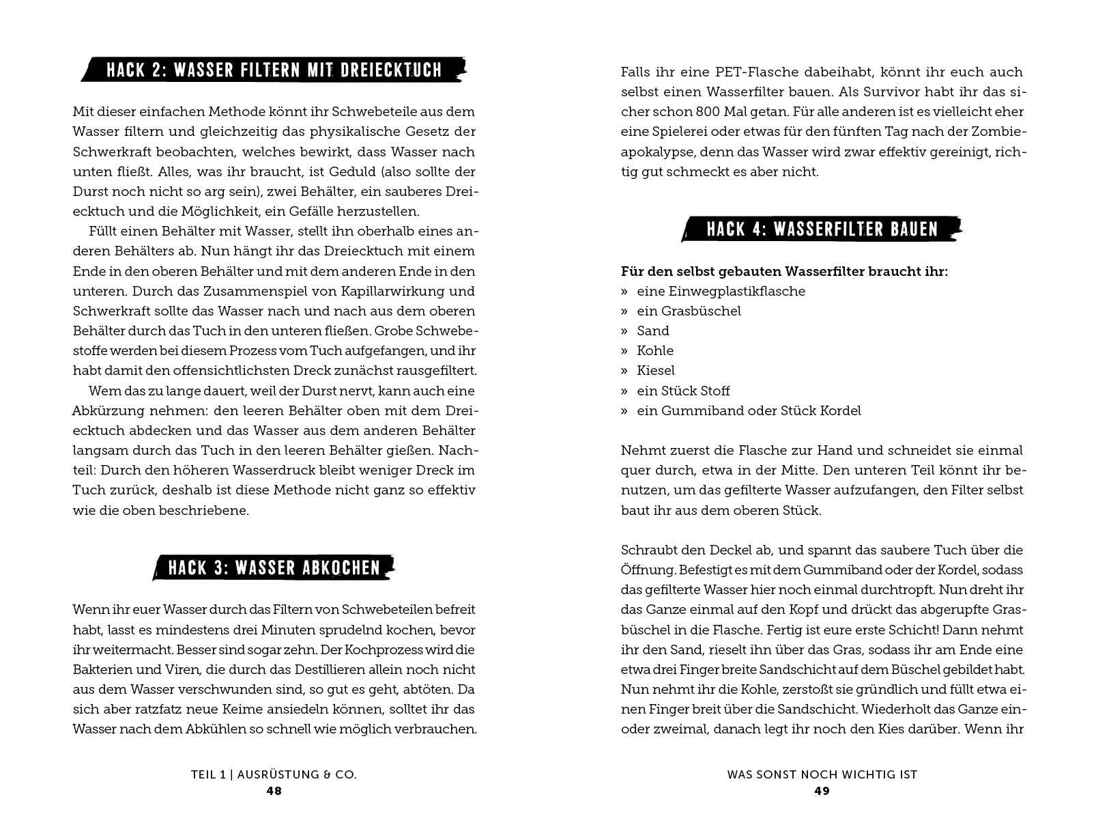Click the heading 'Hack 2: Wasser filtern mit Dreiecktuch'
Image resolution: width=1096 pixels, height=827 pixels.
coord(274,70)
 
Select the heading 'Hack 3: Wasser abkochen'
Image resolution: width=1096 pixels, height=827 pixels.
coord(274,567)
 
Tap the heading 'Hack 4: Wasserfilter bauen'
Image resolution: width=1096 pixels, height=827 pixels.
coord(822,229)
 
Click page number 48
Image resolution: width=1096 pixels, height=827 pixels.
coord(274,791)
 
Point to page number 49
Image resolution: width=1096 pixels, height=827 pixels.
coord(822,791)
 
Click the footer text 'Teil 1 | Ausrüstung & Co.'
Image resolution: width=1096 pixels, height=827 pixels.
coord(274,774)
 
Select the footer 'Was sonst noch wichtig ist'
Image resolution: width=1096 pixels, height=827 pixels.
coord(822,774)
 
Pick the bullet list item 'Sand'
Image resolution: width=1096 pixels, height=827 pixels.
coord(652,331)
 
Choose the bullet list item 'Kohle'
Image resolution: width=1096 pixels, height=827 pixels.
coord(655,350)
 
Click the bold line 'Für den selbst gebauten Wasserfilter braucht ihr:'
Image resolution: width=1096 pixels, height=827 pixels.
coord(784,271)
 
